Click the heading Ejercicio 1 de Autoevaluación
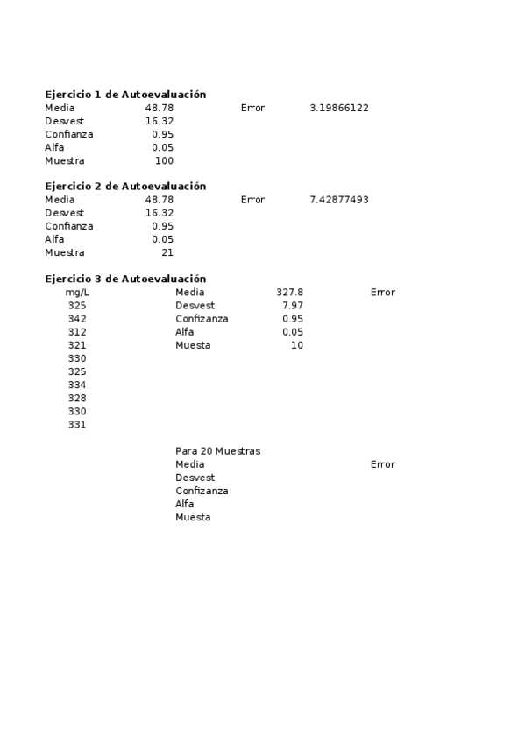pos(125,95)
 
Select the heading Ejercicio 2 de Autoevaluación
pos(125,187)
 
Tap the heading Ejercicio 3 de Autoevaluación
pos(125,279)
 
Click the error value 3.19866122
pos(339,108)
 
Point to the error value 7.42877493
pos(339,200)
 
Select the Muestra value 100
pos(164,161)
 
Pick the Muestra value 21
pos(167,253)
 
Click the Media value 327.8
pos(289,293)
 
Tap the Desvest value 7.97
pos(293,306)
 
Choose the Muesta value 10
pos(297,345)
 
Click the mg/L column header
pos(77,293)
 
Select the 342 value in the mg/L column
pos(77,319)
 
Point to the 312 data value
pos(77,332)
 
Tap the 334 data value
pos(77,386)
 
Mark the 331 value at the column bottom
pos(77,425)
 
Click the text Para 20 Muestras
pos(217,451)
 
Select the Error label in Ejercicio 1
pos(252,108)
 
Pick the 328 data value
pos(77,399)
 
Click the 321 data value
pos(77,345)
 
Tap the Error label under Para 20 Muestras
pos(382,464)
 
